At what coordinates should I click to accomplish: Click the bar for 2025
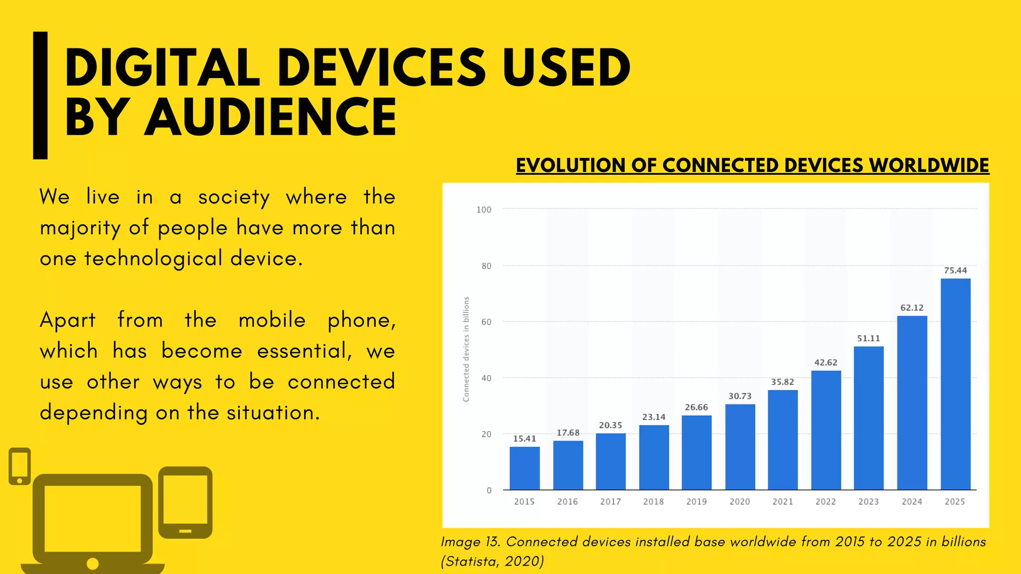point(955,384)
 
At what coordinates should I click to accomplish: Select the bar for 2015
point(524,468)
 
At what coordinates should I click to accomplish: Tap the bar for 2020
point(740,447)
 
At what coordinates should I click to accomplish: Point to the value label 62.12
point(912,308)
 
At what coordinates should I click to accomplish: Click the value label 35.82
point(783,382)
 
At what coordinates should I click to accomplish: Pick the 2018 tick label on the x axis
point(653,502)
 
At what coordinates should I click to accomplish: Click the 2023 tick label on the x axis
point(868,502)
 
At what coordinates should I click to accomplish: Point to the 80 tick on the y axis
point(486,266)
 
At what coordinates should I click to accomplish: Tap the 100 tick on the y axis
point(484,210)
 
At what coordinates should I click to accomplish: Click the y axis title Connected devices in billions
point(466,349)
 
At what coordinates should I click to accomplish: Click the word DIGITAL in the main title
point(162,68)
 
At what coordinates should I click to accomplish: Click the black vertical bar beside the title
point(40,95)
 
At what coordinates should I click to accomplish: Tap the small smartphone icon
point(19,466)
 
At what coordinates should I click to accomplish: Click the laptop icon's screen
point(93,518)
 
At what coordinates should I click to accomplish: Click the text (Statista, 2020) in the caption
point(492,562)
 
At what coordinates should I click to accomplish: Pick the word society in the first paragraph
point(234,197)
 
